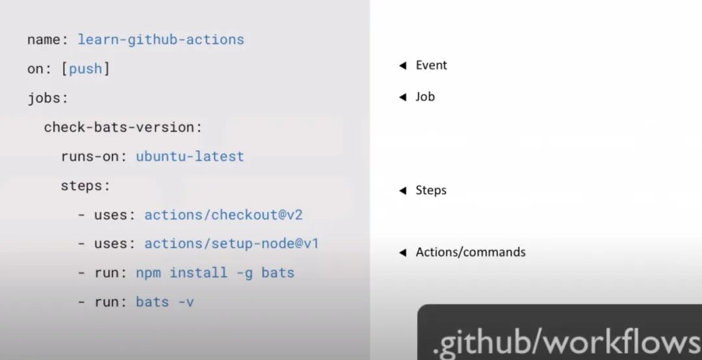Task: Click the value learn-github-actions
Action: [x=161, y=40]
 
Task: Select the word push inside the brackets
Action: [x=86, y=69]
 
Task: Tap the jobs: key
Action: [x=47, y=98]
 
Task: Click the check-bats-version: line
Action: [x=123, y=127]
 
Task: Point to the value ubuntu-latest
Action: [x=190, y=157]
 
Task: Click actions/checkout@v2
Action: [x=224, y=215]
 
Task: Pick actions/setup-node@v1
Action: [x=231, y=244]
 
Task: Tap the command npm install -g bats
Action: [x=215, y=273]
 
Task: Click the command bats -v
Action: [x=165, y=302]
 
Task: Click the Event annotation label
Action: [x=432, y=65]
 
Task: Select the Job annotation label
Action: [x=425, y=97]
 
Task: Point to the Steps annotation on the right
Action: [x=431, y=190]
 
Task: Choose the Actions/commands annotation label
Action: [x=471, y=252]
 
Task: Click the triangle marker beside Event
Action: [x=402, y=66]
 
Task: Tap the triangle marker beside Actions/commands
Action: [x=402, y=253]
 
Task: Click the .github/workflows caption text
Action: [x=565, y=341]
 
